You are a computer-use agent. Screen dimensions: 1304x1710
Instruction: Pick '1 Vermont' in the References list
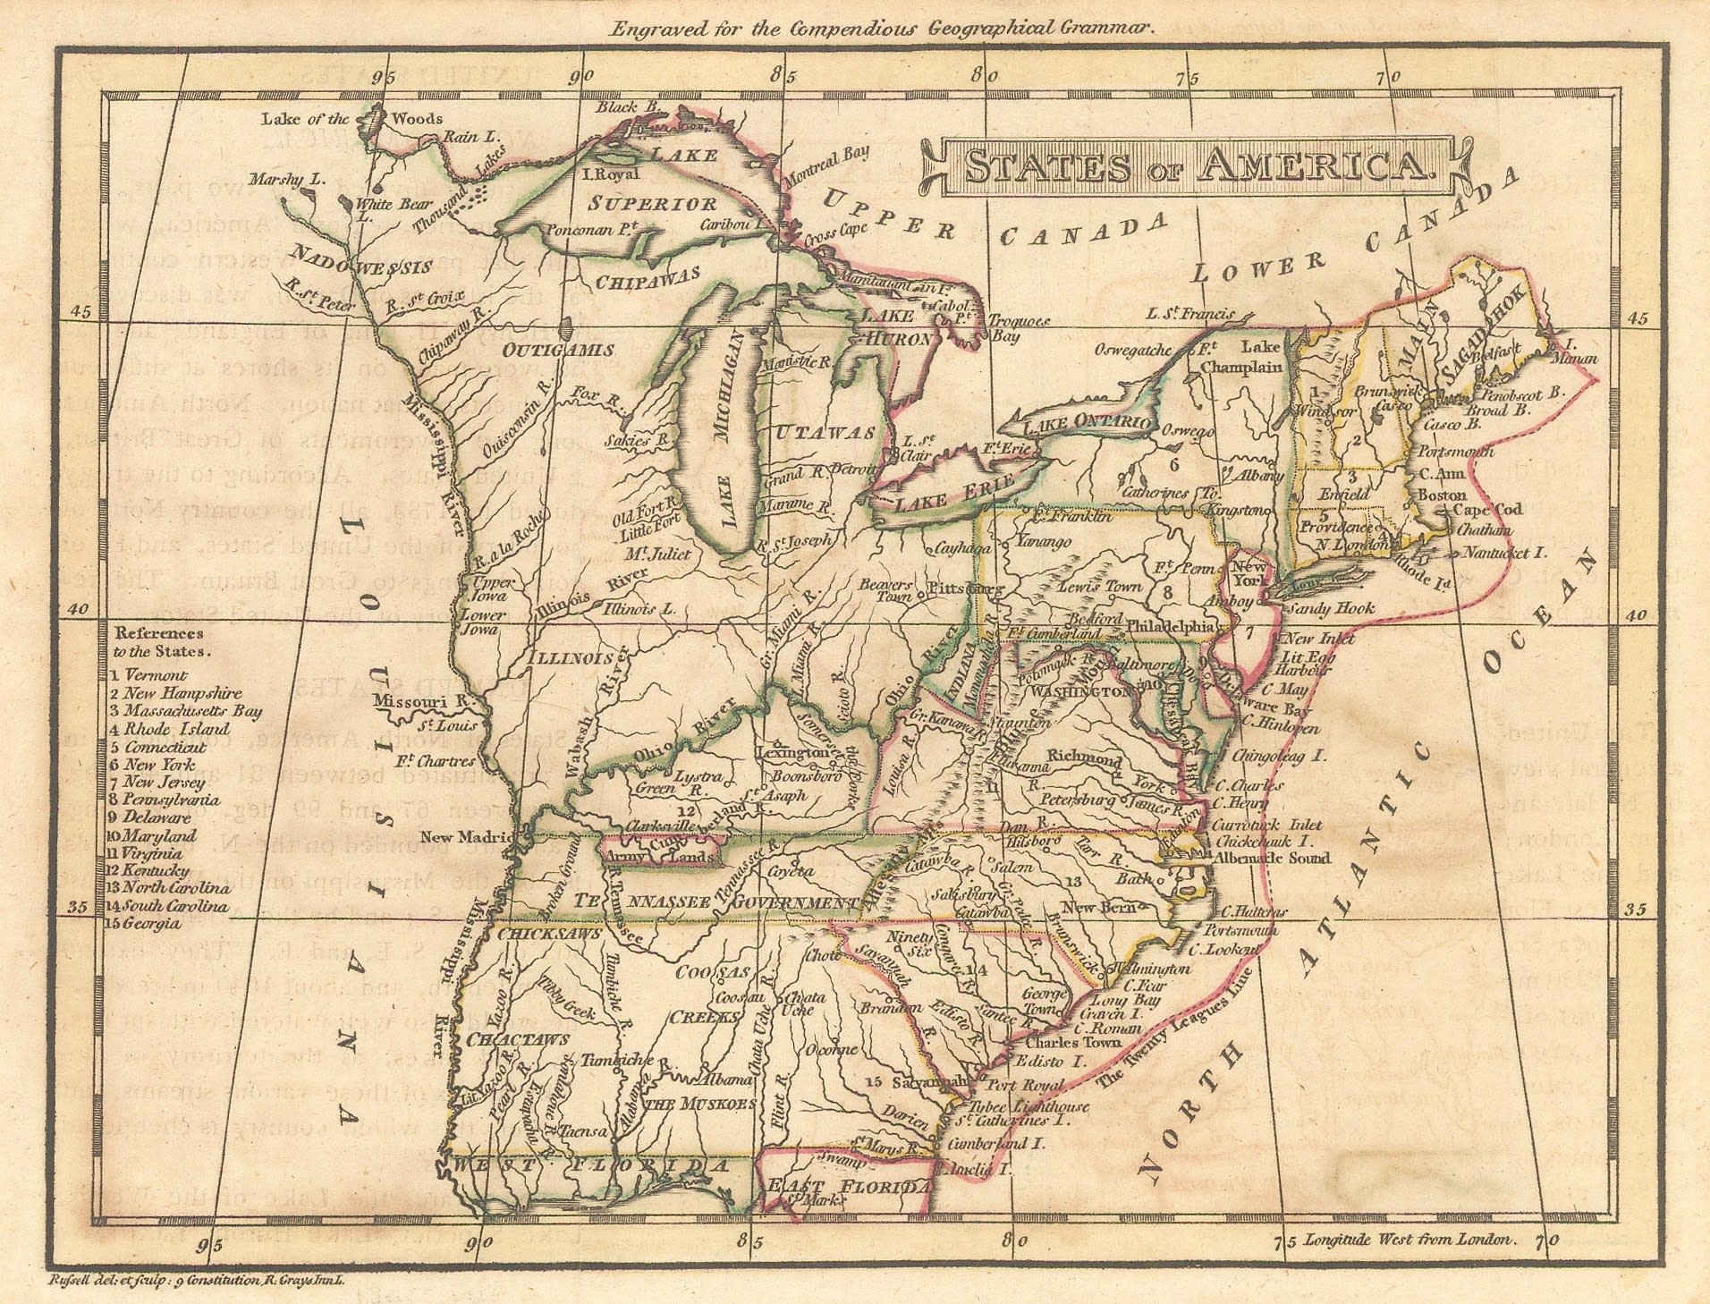[148, 675]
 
